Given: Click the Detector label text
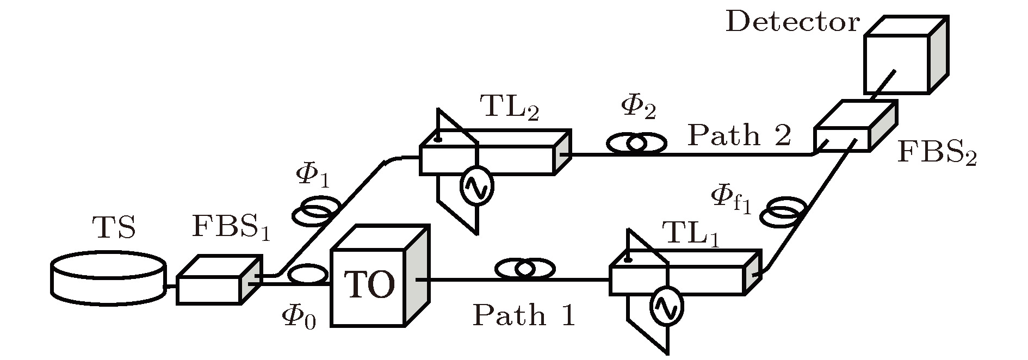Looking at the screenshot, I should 792,23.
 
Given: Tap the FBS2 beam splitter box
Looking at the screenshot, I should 854,127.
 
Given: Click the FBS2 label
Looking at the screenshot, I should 936,153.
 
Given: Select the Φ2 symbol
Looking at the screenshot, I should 638,109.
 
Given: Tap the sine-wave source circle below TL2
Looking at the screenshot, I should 477,185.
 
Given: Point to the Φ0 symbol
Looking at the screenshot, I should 299,316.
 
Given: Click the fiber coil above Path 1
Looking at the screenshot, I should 525,269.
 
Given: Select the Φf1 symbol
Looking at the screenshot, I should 732,199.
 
